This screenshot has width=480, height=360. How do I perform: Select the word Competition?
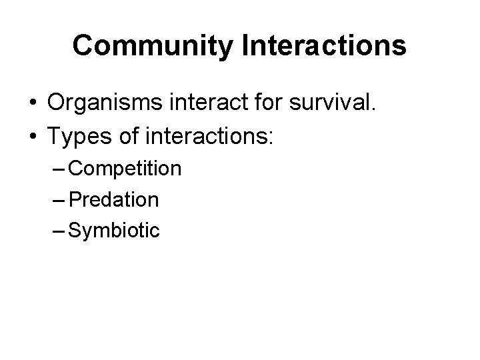(x=124, y=169)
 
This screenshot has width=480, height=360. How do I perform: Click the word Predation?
(x=113, y=199)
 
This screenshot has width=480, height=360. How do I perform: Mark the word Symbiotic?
(x=114, y=231)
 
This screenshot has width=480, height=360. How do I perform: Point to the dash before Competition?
(x=58, y=169)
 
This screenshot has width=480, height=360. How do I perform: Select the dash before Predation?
(x=58, y=200)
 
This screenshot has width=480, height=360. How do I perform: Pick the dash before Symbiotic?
(x=58, y=231)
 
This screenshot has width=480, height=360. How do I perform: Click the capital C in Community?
(x=83, y=45)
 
